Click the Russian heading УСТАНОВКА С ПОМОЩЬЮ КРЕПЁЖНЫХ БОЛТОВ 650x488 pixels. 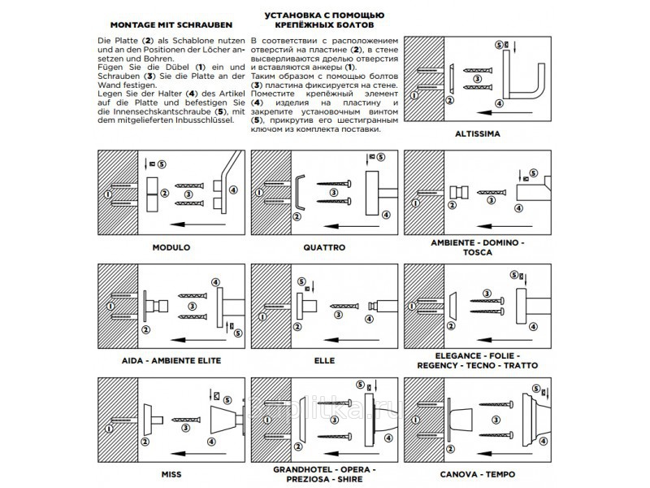[324, 20]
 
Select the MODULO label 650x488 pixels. [171, 246]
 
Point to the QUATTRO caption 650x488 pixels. [325, 246]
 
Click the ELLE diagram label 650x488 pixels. [324, 359]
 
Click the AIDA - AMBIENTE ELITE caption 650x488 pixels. [171, 359]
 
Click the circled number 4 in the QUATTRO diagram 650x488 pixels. [386, 215]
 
